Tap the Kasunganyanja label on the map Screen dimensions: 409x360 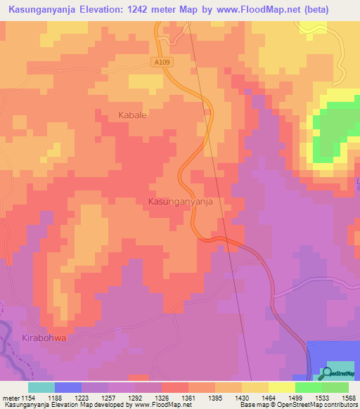pyautogui.click(x=181, y=201)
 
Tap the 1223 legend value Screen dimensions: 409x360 pyautogui.click(x=82, y=397)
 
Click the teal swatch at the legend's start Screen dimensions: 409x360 pyautogui.click(x=41, y=387)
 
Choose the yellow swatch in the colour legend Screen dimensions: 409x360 pyautogui.click(x=281, y=387)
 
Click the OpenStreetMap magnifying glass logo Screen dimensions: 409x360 pyautogui.click(x=326, y=372)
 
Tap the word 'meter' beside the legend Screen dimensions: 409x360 pyautogui.click(x=11, y=397)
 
